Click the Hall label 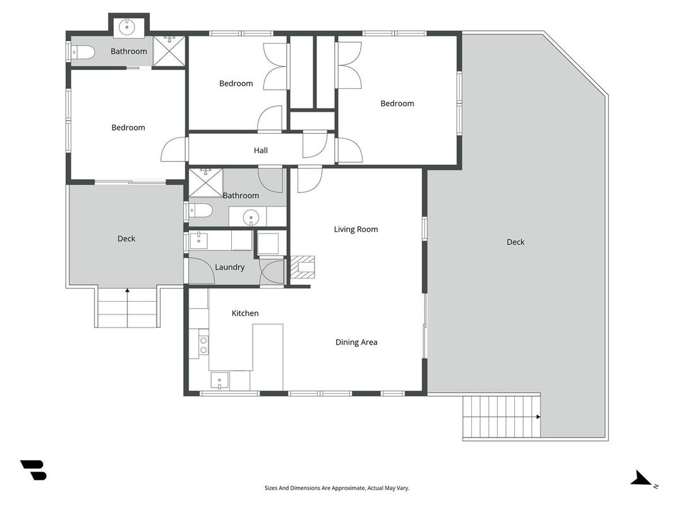[260, 150]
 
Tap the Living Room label [356, 229]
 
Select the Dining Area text [356, 342]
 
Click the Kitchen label [245, 313]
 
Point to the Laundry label [229, 267]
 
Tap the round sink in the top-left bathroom [127, 27]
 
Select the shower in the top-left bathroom [169, 51]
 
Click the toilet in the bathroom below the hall [201, 210]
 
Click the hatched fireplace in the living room [303, 268]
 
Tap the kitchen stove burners [204, 345]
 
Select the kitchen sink [220, 381]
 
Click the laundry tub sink [198, 241]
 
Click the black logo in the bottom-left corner [33, 470]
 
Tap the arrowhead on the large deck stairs [538, 417]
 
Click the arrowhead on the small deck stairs [127, 291]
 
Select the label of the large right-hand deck [515, 242]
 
